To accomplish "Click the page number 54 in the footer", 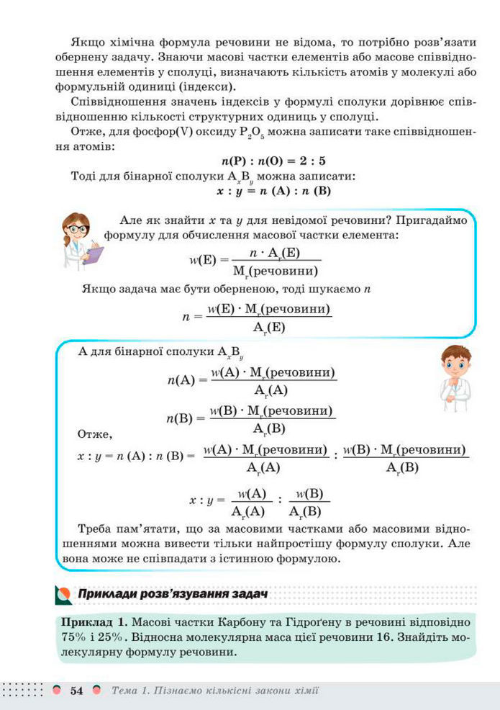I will point(77,691).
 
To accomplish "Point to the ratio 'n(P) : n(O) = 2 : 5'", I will point(274,161).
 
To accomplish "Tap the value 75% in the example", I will point(74,637).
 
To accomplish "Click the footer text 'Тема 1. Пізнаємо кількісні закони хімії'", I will point(216,691).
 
